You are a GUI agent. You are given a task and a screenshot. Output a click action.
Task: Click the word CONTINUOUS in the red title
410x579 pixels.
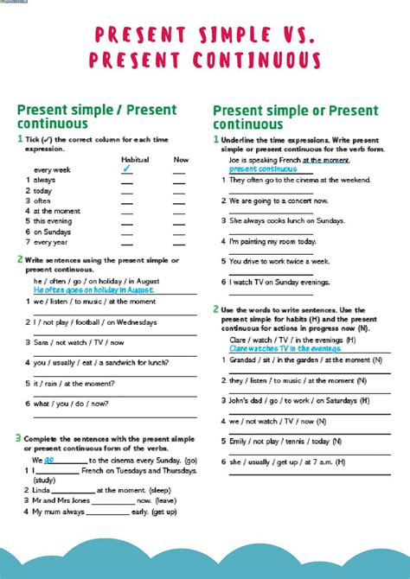(250, 61)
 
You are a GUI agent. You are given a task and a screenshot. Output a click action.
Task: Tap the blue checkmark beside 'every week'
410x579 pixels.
(126, 169)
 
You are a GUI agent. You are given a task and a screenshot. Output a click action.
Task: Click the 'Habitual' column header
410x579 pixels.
(135, 159)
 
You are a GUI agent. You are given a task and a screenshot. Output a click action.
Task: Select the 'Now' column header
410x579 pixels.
(181, 159)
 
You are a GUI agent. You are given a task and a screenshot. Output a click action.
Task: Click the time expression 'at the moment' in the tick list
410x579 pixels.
(57, 211)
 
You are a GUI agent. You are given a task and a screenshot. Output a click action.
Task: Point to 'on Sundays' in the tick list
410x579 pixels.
(53, 232)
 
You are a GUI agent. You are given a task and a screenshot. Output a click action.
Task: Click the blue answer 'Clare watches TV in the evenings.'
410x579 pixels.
(285, 348)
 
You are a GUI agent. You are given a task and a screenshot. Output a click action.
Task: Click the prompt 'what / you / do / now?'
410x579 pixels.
(71, 404)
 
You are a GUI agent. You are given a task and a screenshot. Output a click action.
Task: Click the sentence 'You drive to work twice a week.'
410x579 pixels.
(279, 261)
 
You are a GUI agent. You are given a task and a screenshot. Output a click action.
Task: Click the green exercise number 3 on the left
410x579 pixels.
(19, 439)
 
